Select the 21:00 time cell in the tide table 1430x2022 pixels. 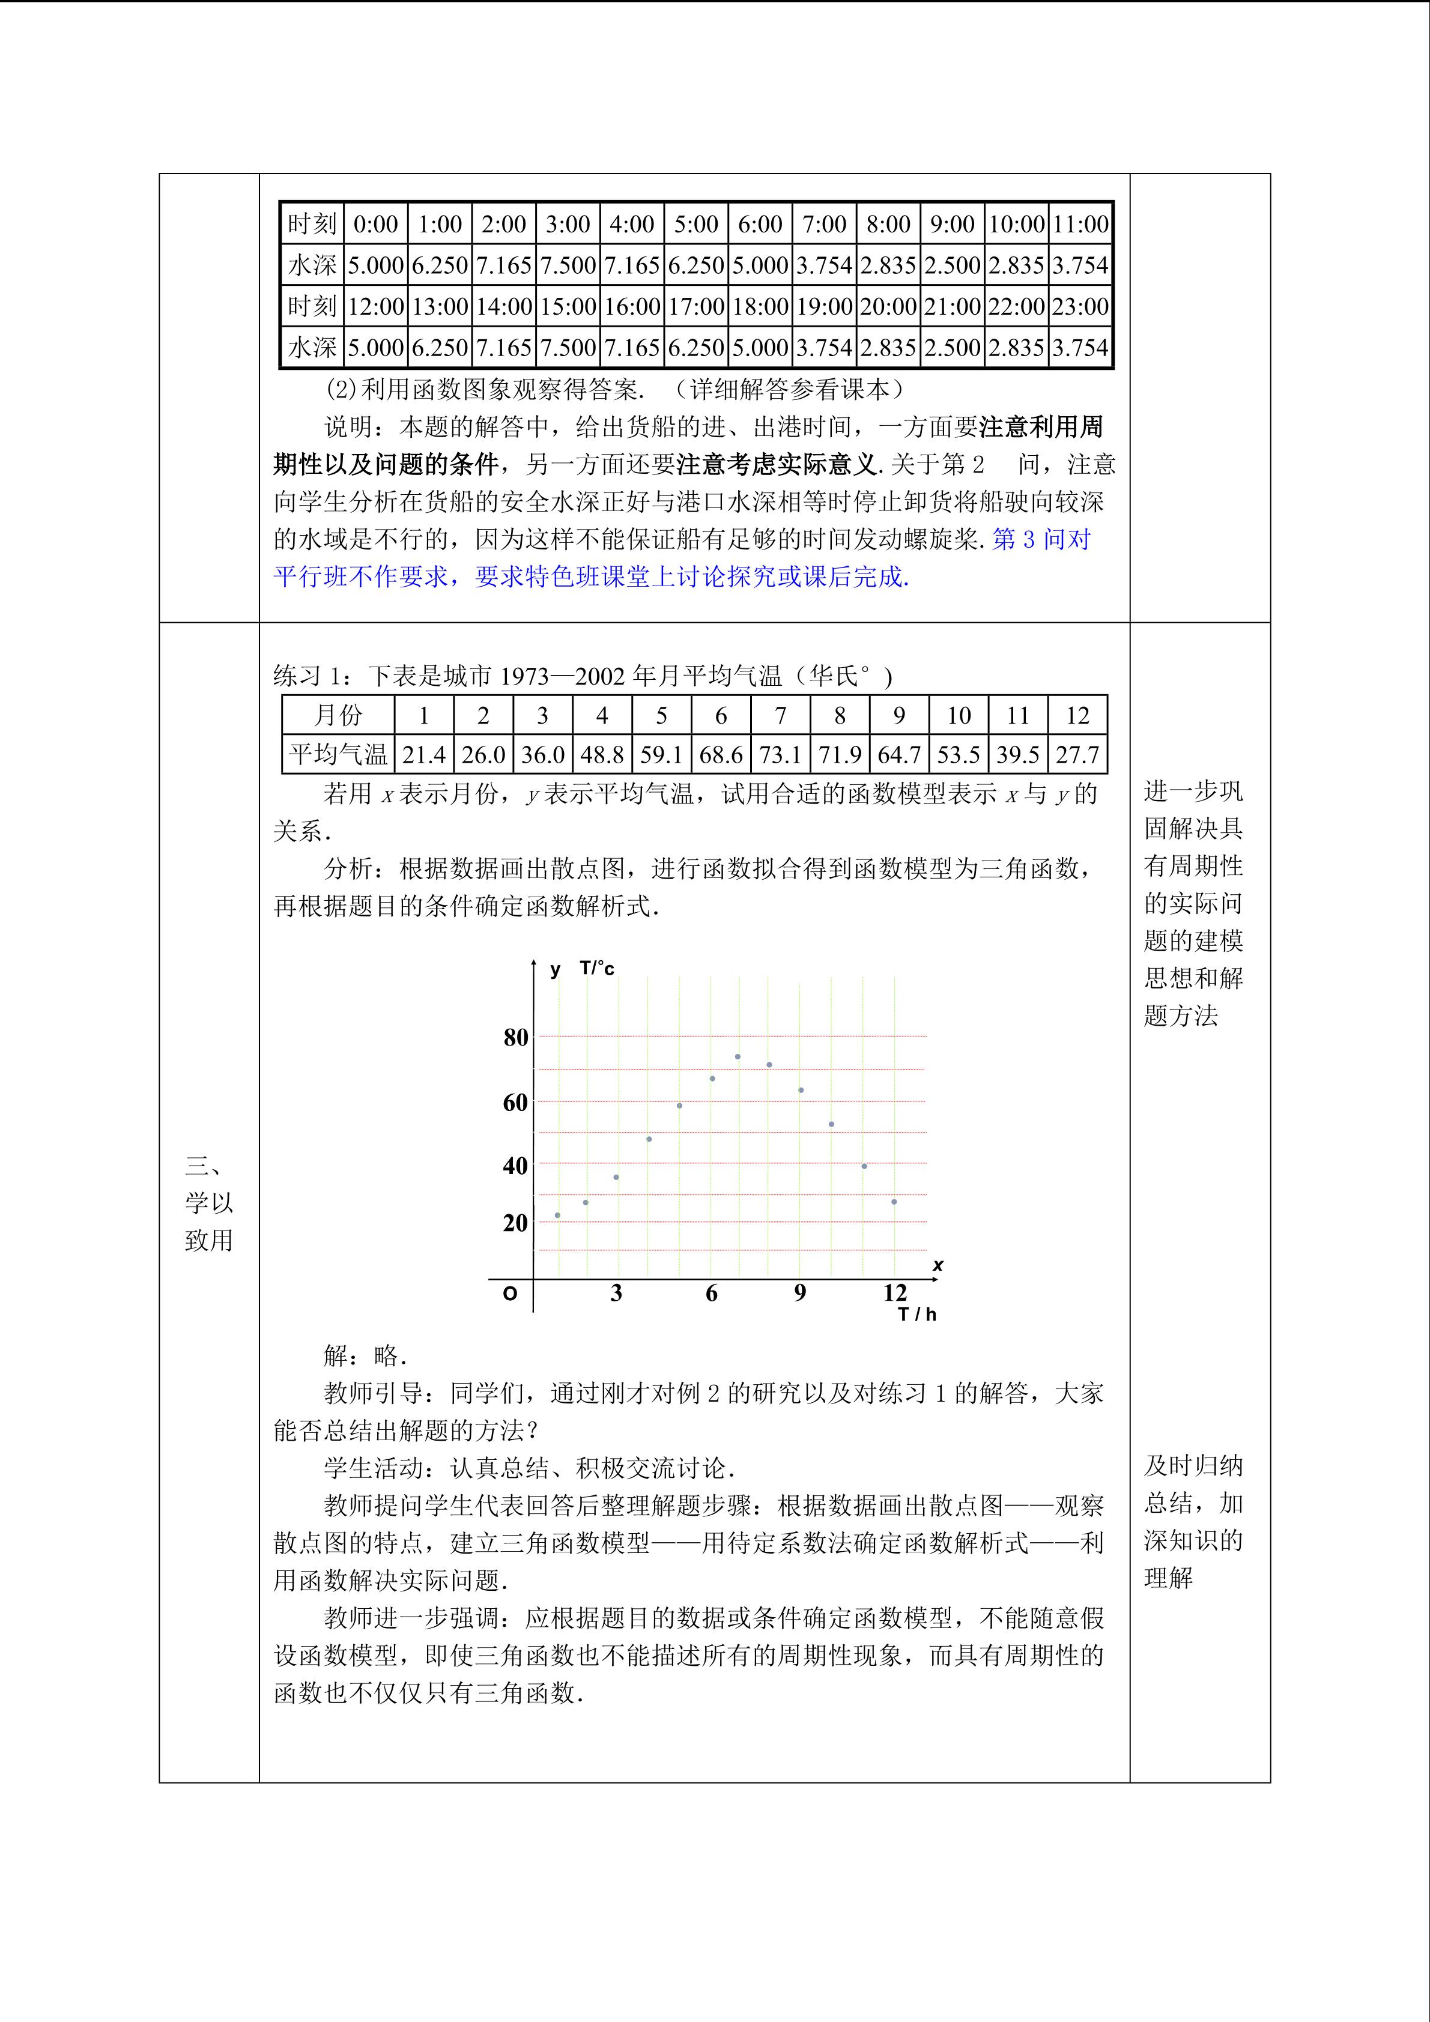(x=952, y=306)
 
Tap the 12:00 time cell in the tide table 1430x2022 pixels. (x=376, y=306)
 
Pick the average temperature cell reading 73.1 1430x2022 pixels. (x=780, y=755)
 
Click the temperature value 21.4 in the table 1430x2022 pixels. (x=423, y=755)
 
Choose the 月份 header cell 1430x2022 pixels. (x=338, y=715)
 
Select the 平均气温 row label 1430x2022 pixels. (x=338, y=755)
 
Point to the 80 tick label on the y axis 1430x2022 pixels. (x=515, y=1037)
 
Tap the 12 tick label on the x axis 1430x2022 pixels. (x=895, y=1293)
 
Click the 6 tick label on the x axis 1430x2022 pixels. (x=712, y=1293)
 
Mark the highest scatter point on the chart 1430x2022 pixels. (x=737, y=1057)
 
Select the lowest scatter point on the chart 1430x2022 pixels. (x=557, y=1215)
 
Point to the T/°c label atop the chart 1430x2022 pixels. (x=597, y=969)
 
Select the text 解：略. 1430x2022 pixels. (x=365, y=1355)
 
